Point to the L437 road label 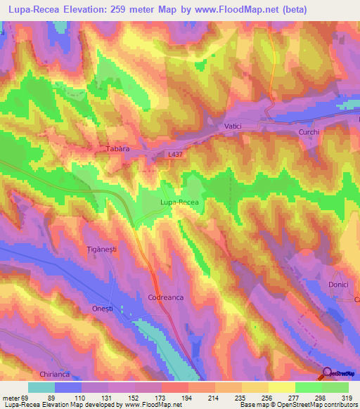click(x=176, y=154)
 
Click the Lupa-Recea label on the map click(x=179, y=202)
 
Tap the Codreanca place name click(x=166, y=298)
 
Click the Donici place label click(x=339, y=284)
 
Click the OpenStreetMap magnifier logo click(x=328, y=373)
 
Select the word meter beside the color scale click(x=11, y=398)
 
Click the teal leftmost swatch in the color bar click(x=41, y=387)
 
